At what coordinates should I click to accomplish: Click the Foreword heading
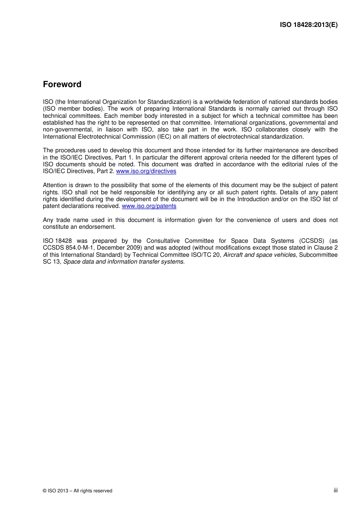62,84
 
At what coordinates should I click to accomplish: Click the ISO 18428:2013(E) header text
308,25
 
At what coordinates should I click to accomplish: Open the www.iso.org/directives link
146,171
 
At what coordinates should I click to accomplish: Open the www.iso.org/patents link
149,206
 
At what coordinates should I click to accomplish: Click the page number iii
335,490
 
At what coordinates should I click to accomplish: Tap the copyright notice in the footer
78,491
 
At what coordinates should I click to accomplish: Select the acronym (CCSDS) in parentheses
311,241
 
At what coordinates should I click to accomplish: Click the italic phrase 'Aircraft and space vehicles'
259,255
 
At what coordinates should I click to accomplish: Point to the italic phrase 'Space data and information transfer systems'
124,262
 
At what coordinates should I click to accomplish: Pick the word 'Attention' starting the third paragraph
55,185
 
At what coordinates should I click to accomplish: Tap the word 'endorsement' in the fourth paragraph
99,227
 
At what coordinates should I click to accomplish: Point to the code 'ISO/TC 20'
206,255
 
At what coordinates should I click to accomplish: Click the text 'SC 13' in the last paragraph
52,262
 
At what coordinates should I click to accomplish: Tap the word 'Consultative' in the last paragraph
163,241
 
